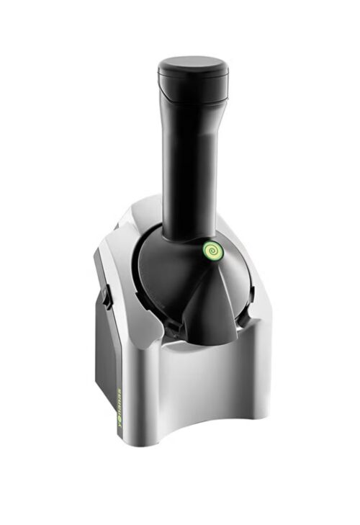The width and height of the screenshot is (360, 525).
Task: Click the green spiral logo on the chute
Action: pos(210,251)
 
